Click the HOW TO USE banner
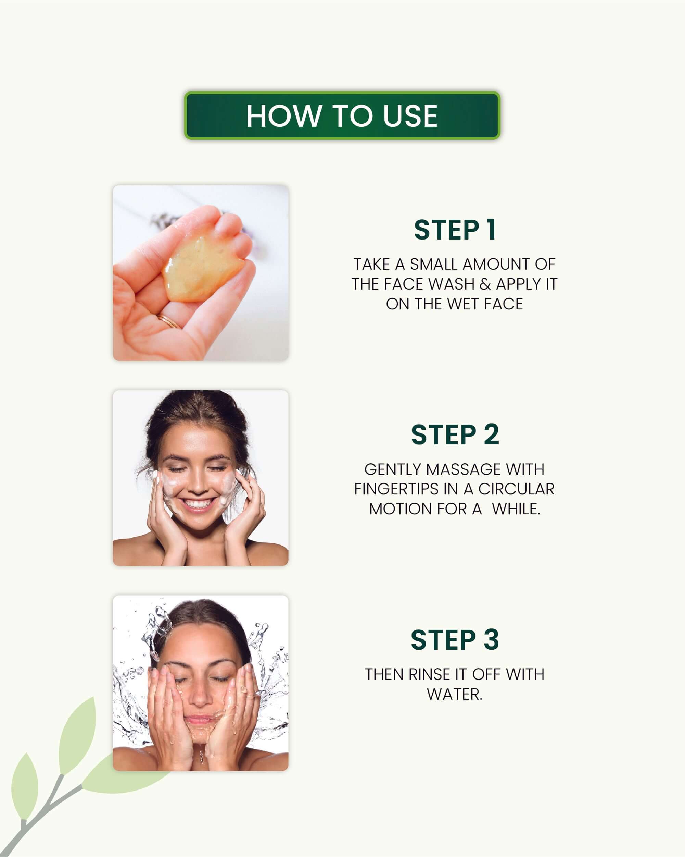(342, 116)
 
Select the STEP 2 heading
(455, 434)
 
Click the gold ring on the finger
(168, 320)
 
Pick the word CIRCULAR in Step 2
(516, 489)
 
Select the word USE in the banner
(410, 116)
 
